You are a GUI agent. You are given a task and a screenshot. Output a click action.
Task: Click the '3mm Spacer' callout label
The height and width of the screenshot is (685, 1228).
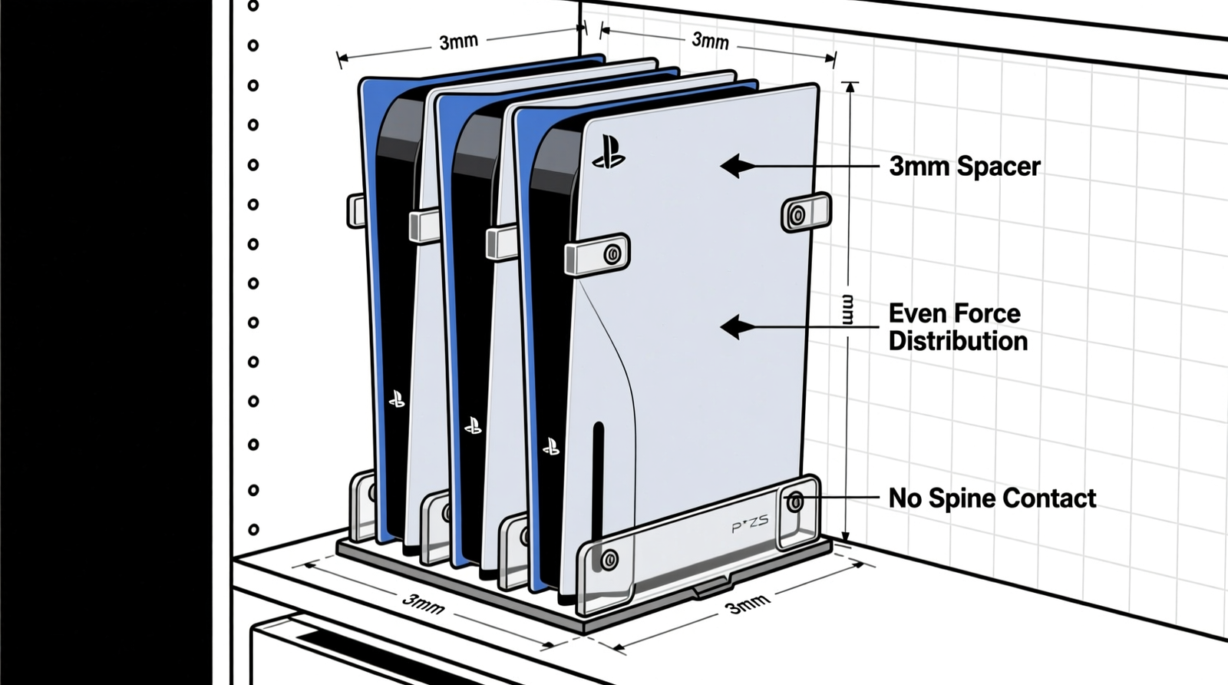(x=964, y=167)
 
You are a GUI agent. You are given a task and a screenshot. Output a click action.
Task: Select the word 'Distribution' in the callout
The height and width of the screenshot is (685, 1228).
(x=958, y=341)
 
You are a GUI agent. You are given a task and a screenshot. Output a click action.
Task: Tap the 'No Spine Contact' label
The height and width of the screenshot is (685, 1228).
(x=992, y=498)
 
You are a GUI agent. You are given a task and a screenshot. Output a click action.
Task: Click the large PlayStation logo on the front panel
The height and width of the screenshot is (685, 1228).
(x=609, y=152)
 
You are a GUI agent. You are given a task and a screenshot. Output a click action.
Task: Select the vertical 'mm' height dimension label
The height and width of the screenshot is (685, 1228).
(x=847, y=309)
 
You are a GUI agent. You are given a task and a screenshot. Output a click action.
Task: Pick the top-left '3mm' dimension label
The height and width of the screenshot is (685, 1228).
(x=458, y=42)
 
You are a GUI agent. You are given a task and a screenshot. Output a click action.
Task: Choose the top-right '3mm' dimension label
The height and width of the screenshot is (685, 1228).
(x=710, y=40)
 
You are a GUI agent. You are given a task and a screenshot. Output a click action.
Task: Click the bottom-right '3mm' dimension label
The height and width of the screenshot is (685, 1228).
(x=748, y=604)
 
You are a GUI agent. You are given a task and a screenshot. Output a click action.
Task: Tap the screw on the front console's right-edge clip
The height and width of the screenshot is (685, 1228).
(x=798, y=215)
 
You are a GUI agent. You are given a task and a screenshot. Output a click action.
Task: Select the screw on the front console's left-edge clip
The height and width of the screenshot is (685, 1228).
(x=612, y=254)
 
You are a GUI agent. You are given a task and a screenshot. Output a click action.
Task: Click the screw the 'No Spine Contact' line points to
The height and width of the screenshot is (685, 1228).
(x=795, y=502)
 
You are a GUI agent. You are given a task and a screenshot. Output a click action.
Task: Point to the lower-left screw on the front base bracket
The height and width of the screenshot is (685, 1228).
(x=609, y=559)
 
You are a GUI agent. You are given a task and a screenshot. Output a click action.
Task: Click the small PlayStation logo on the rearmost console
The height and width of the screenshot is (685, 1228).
(x=397, y=399)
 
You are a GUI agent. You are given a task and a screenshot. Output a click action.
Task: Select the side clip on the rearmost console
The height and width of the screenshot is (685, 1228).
(x=355, y=210)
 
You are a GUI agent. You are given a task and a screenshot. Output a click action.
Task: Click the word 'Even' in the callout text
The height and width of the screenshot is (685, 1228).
(x=916, y=313)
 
